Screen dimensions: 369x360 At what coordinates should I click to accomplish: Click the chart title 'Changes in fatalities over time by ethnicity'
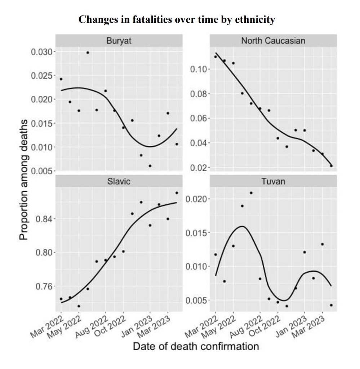(177, 19)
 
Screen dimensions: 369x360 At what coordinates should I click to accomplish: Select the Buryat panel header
(119, 40)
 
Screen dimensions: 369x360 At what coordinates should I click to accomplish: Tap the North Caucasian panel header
(273, 40)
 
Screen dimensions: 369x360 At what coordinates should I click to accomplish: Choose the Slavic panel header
(119, 182)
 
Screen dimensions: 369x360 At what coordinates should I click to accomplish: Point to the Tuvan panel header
(273, 182)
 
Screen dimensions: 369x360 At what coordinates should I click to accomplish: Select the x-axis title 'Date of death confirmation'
(196, 347)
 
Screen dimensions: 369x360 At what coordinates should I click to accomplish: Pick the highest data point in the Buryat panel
(88, 53)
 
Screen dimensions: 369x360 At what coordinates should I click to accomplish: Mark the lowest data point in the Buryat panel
(150, 166)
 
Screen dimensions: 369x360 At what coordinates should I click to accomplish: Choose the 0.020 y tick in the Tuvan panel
(197, 199)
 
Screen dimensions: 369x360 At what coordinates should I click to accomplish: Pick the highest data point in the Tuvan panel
(251, 193)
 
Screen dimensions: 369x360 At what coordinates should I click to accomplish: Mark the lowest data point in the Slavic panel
(79, 306)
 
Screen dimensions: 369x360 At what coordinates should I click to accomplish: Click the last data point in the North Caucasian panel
(331, 166)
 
